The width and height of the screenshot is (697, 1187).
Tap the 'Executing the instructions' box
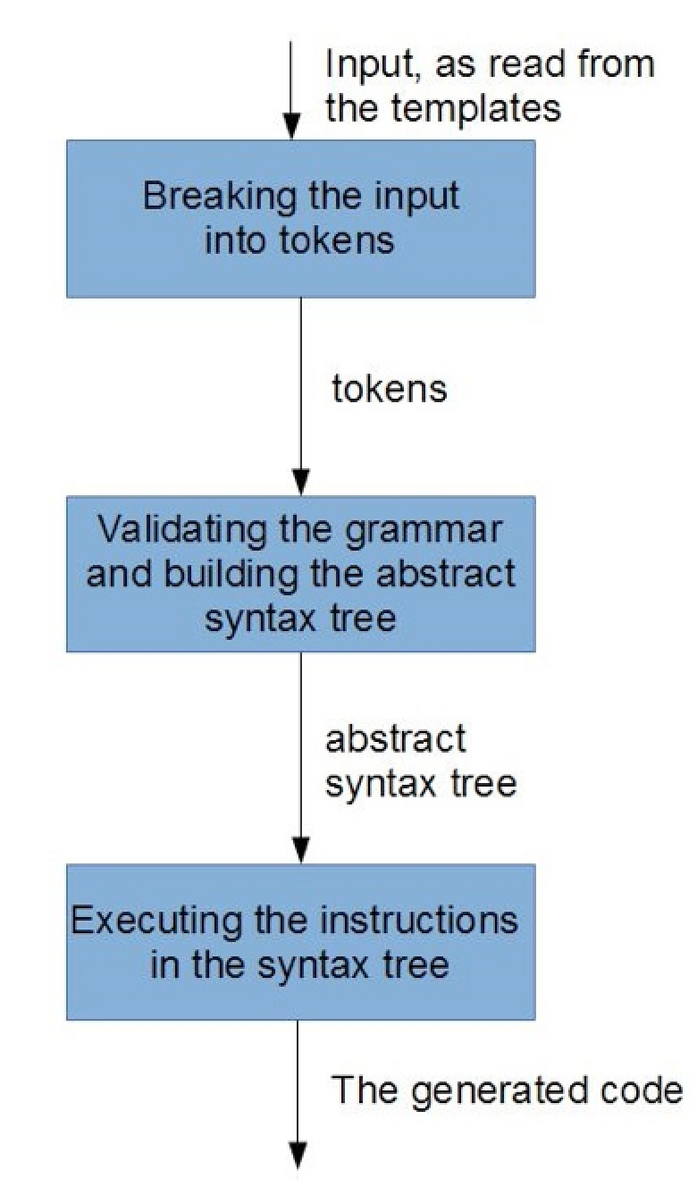[300, 941]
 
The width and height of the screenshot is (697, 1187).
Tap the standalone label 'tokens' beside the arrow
[389, 390]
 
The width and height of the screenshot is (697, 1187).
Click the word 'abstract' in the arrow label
[395, 739]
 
